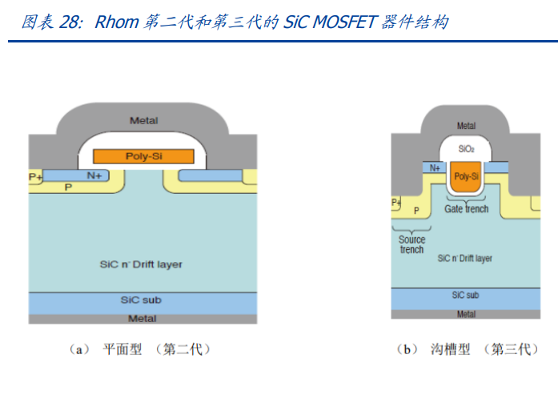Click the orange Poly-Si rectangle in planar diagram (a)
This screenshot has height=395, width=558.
tap(143, 156)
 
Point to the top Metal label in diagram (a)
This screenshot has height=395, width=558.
tap(143, 121)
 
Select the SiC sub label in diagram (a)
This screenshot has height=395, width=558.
tap(143, 300)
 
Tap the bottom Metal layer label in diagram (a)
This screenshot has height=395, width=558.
tap(143, 318)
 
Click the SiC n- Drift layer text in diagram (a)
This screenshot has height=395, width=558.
tap(143, 264)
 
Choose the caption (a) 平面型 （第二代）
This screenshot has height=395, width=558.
tap(140, 350)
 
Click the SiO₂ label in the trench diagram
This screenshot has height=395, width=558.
tap(466, 149)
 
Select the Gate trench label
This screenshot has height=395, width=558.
tap(466, 209)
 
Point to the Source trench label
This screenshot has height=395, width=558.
tap(412, 244)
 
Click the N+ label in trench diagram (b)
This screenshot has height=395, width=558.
tap(435, 168)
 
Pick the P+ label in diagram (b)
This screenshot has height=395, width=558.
tap(396, 202)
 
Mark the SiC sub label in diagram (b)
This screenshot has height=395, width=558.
tap(466, 296)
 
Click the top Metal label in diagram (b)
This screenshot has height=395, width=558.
tap(466, 126)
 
